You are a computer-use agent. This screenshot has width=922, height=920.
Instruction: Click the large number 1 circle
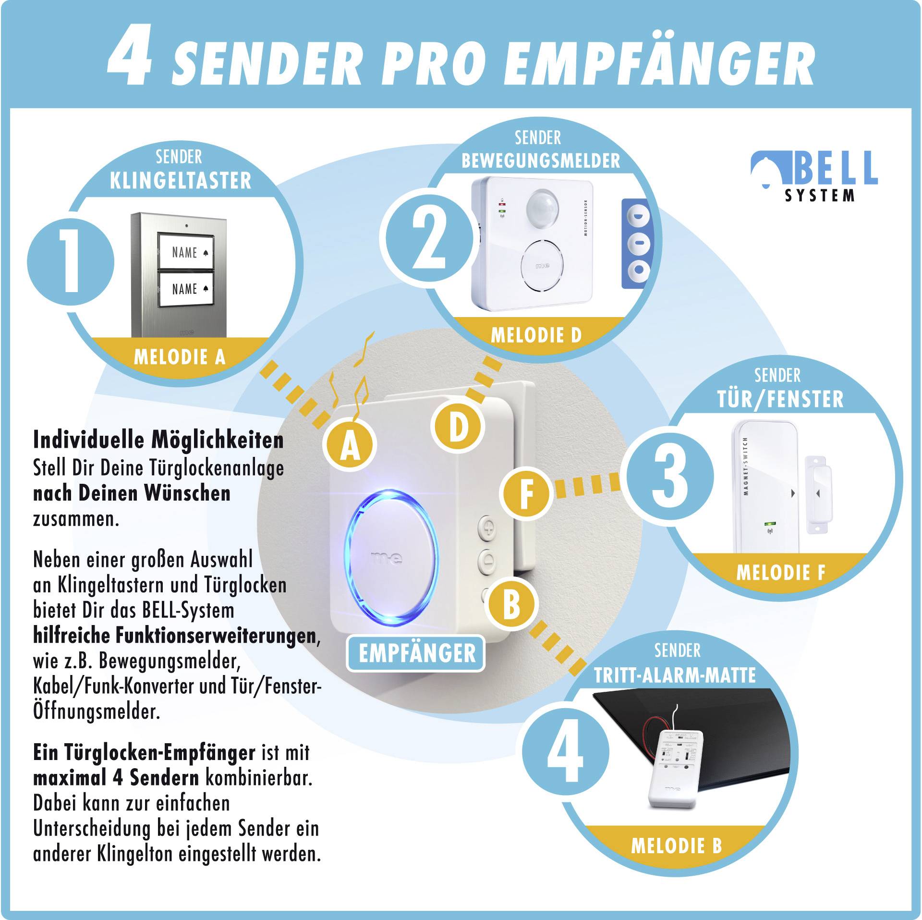click(71, 262)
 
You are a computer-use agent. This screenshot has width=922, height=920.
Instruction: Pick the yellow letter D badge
click(458, 426)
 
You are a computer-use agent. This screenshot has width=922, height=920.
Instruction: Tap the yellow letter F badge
click(527, 495)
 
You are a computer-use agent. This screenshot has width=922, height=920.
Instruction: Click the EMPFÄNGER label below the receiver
click(416, 653)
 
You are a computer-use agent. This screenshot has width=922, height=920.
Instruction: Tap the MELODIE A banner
click(179, 357)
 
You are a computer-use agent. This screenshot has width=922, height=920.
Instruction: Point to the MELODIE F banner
click(780, 572)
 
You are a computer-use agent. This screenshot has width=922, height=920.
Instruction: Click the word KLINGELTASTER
click(181, 181)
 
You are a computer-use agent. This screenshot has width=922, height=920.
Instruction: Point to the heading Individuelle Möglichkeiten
click(158, 440)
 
